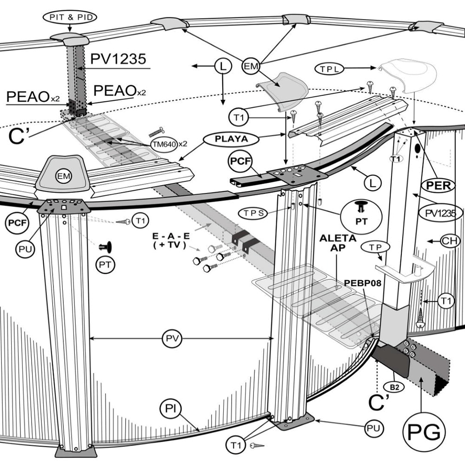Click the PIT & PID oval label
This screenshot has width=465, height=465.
coord(70,18)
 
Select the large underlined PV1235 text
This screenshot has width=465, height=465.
coord(119,59)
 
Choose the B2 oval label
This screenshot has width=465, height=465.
coord(392,385)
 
